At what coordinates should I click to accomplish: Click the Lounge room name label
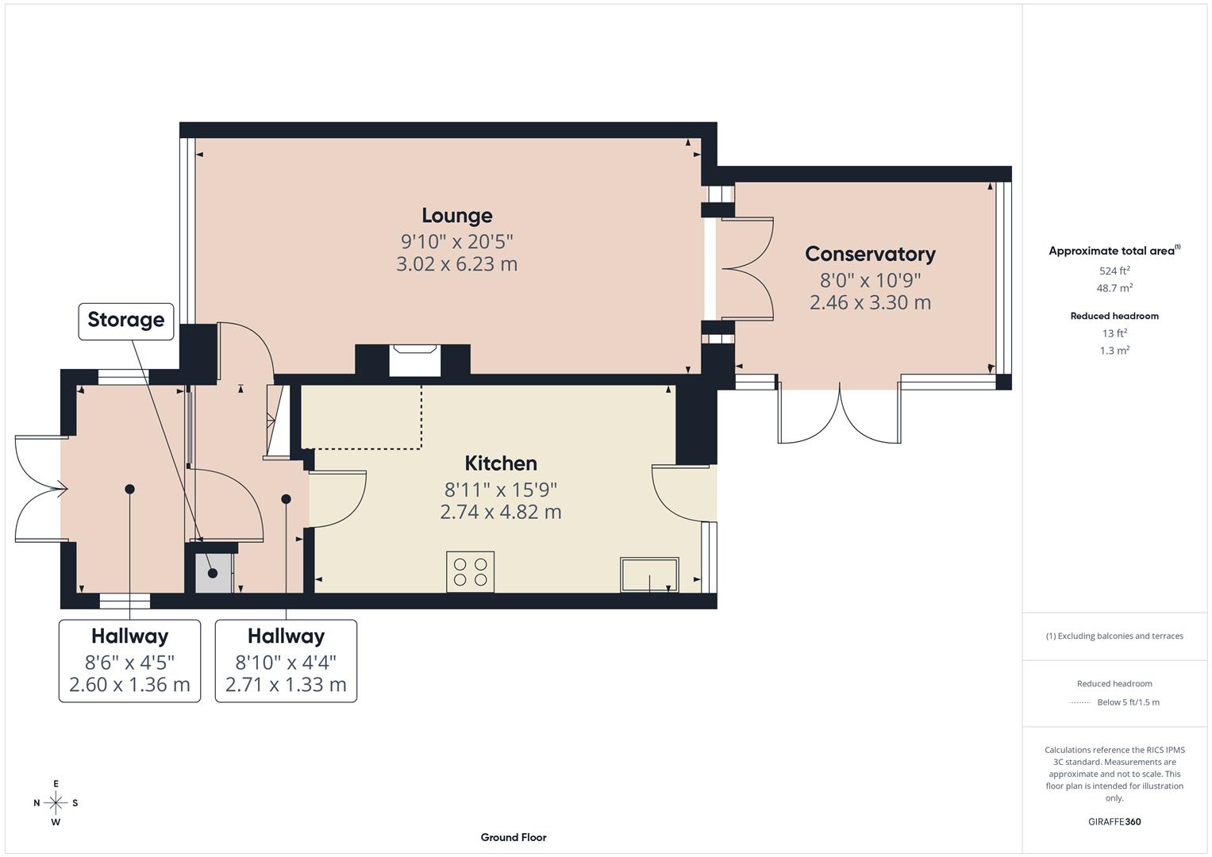456,216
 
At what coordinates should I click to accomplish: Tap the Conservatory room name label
870,254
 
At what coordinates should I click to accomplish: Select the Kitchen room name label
500,463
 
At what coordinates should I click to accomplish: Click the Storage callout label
126,320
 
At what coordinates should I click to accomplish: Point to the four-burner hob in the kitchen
470,572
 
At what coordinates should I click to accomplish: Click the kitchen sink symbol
649,575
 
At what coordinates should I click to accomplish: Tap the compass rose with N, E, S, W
56,803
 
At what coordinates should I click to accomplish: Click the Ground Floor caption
514,837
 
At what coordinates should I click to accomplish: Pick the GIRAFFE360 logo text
1114,822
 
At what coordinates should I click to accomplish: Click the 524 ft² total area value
1114,271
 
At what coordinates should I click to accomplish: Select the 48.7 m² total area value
1114,288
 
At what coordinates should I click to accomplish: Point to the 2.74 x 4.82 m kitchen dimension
500,512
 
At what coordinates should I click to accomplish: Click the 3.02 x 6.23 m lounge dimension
456,264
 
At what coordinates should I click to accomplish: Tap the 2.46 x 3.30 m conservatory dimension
870,302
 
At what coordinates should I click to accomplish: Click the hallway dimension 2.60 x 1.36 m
129,685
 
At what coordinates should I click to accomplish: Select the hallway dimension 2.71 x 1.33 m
286,685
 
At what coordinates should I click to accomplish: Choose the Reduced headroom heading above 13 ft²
1114,316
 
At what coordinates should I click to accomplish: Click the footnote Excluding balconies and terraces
1114,636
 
